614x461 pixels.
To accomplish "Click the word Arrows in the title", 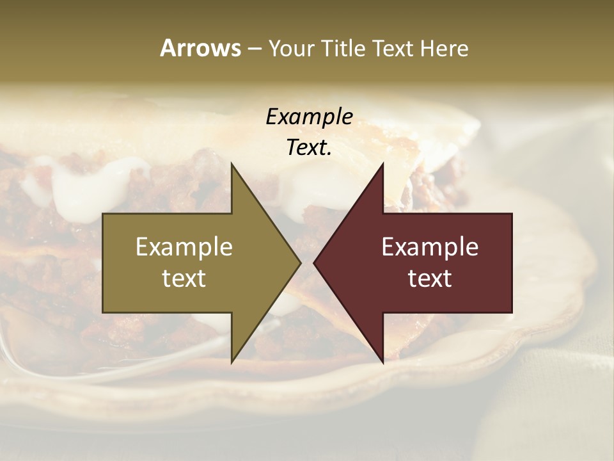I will pos(200,48).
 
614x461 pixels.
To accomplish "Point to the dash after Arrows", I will pos(254,49).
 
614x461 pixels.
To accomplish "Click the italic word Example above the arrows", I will pos(309,117).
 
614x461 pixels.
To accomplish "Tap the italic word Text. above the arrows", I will pos(309,147).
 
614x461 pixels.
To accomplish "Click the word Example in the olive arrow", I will pos(184,247).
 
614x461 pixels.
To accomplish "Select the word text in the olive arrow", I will pos(184,279).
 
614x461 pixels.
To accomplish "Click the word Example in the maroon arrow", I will pos(430,247).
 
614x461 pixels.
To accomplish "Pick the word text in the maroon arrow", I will pos(430,279).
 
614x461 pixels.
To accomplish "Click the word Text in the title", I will pos(391,48).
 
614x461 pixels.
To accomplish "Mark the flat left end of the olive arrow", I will pos(104,263).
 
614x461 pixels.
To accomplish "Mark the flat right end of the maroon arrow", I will pos(510,263).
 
